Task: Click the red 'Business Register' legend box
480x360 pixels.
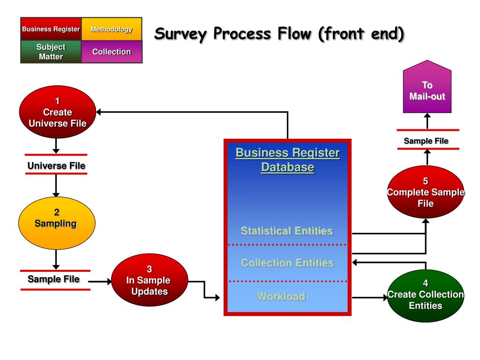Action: [x=51, y=29]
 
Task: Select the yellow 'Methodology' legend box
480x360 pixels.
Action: [x=112, y=29]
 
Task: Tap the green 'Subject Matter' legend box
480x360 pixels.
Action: [x=51, y=52]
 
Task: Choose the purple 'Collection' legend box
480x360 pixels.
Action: [x=112, y=52]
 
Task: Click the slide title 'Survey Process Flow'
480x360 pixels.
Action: [x=279, y=34]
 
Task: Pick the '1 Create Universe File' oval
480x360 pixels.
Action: [x=57, y=112]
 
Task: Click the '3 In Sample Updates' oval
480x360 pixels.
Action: [x=149, y=280]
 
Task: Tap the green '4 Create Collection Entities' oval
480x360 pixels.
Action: [x=425, y=294]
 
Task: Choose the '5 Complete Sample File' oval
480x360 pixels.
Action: [x=425, y=192]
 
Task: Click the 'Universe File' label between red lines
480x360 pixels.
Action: [x=56, y=165]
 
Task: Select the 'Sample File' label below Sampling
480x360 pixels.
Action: [x=53, y=279]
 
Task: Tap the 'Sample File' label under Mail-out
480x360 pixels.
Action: [x=426, y=141]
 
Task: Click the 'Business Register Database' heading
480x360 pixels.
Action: [x=287, y=160]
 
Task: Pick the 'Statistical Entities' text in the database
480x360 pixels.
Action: [x=287, y=231]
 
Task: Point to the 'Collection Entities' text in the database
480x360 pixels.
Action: [x=287, y=262]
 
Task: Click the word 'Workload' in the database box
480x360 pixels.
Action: [x=281, y=296]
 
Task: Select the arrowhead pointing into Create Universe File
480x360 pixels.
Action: [x=101, y=112]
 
